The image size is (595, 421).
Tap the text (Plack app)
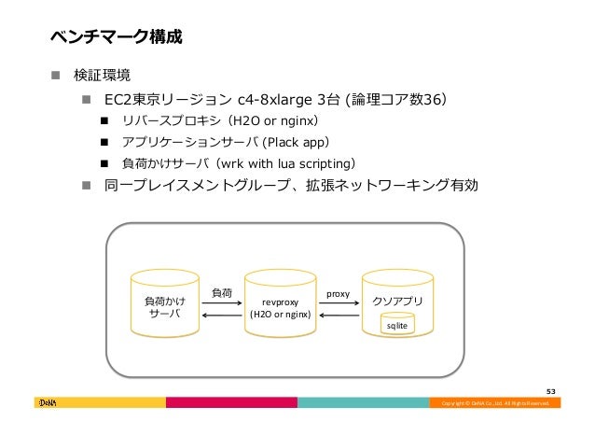click(295, 143)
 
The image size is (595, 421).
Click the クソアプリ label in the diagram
click(397, 301)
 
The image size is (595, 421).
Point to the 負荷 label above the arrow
click(223, 292)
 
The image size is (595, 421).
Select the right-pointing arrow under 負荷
click(223, 305)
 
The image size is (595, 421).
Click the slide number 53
click(551, 391)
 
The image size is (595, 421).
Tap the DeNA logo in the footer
click(48, 402)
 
